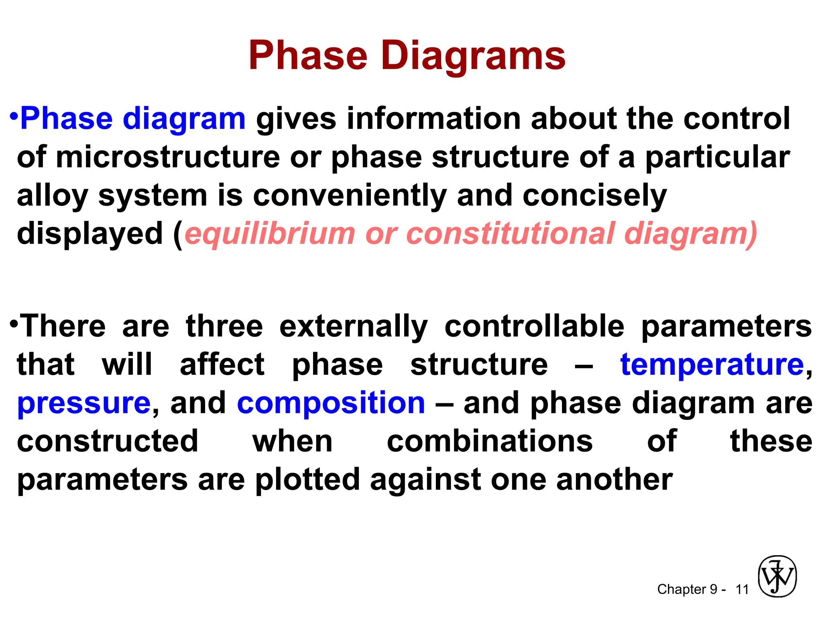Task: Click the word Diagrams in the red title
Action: (473, 56)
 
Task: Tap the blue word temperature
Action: (712, 365)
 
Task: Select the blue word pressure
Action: (84, 403)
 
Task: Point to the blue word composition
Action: (331, 403)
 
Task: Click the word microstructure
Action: (168, 157)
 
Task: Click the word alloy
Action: (52, 196)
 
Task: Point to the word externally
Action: (354, 327)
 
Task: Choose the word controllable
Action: (534, 326)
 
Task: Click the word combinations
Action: (490, 441)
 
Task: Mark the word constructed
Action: (108, 441)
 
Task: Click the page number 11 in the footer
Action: (742, 590)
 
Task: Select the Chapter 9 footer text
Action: (687, 589)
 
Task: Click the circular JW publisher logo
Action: (777, 576)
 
